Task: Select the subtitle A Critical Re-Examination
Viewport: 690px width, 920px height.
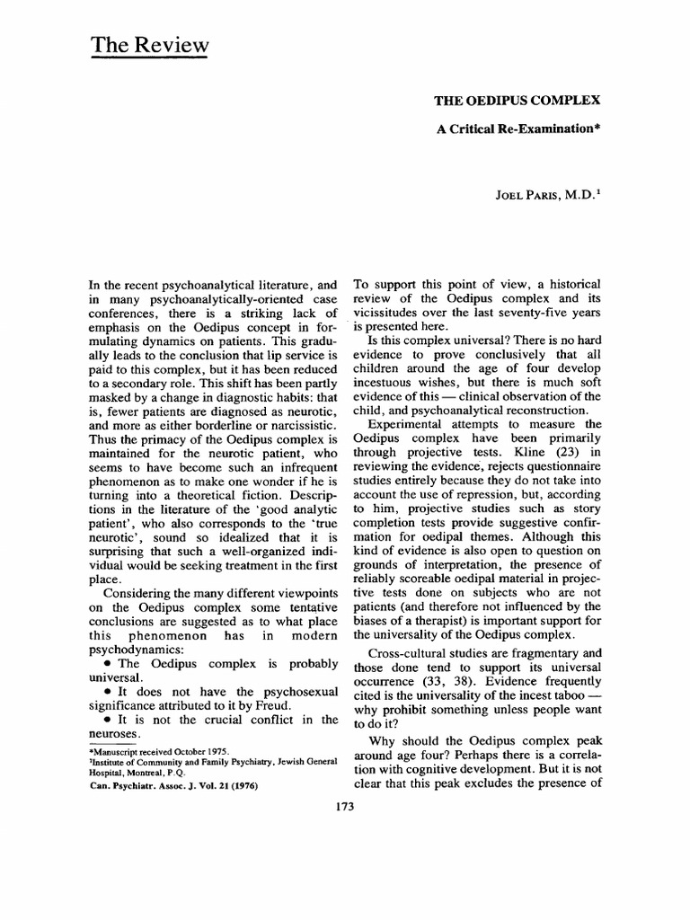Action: click(517, 128)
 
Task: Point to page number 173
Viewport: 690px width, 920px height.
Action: click(345, 807)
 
